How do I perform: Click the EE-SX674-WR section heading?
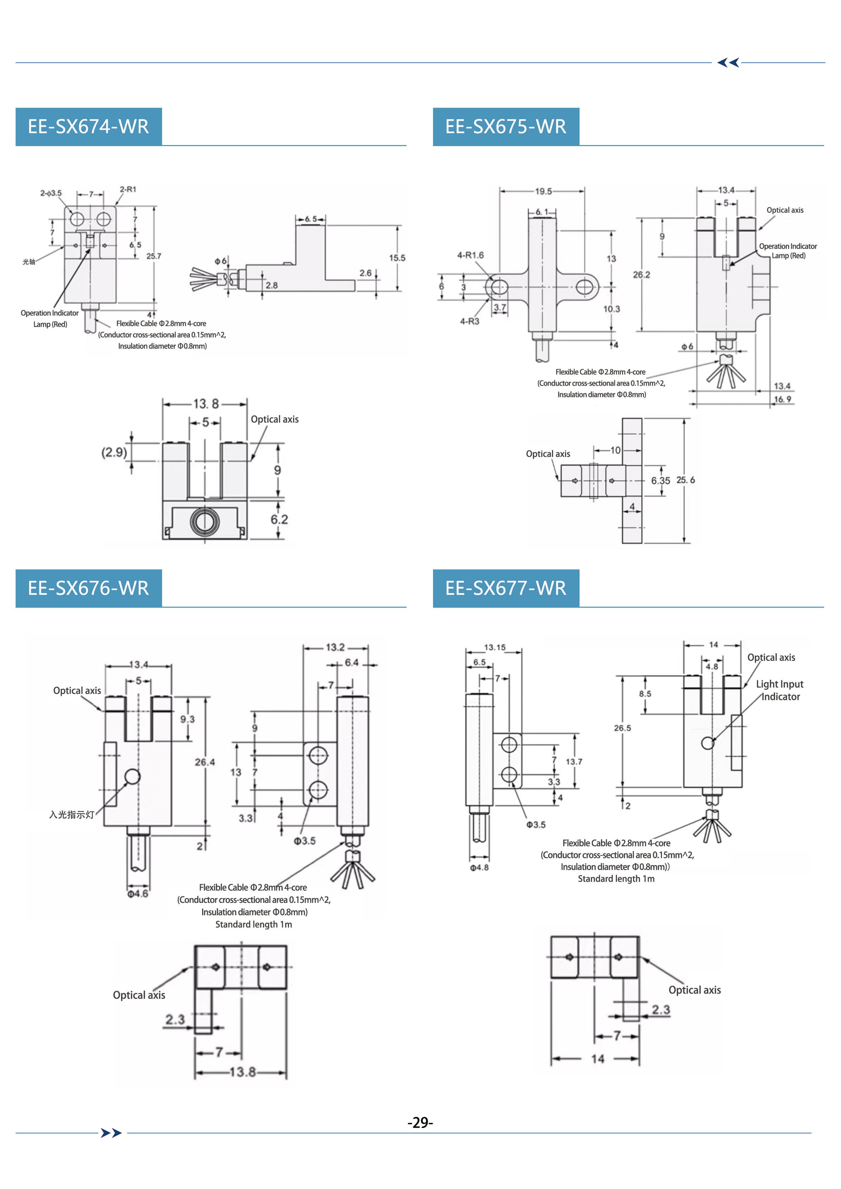pos(88,127)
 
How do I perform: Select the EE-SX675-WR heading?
pos(505,127)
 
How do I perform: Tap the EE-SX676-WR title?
pos(88,588)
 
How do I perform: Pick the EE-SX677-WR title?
pos(505,588)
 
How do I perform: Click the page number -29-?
pos(420,1122)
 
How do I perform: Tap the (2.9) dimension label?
pos(114,452)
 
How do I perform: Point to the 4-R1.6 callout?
pos(470,255)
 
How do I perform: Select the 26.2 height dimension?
pos(642,275)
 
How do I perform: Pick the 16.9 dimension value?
pos(782,399)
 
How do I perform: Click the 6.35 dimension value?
pos(661,481)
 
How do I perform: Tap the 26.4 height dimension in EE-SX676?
pos(205,762)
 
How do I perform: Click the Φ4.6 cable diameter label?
pos(138,893)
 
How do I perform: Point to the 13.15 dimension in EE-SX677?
pos(494,647)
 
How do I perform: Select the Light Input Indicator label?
pos(780,690)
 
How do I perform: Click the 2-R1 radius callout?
pos(128,189)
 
